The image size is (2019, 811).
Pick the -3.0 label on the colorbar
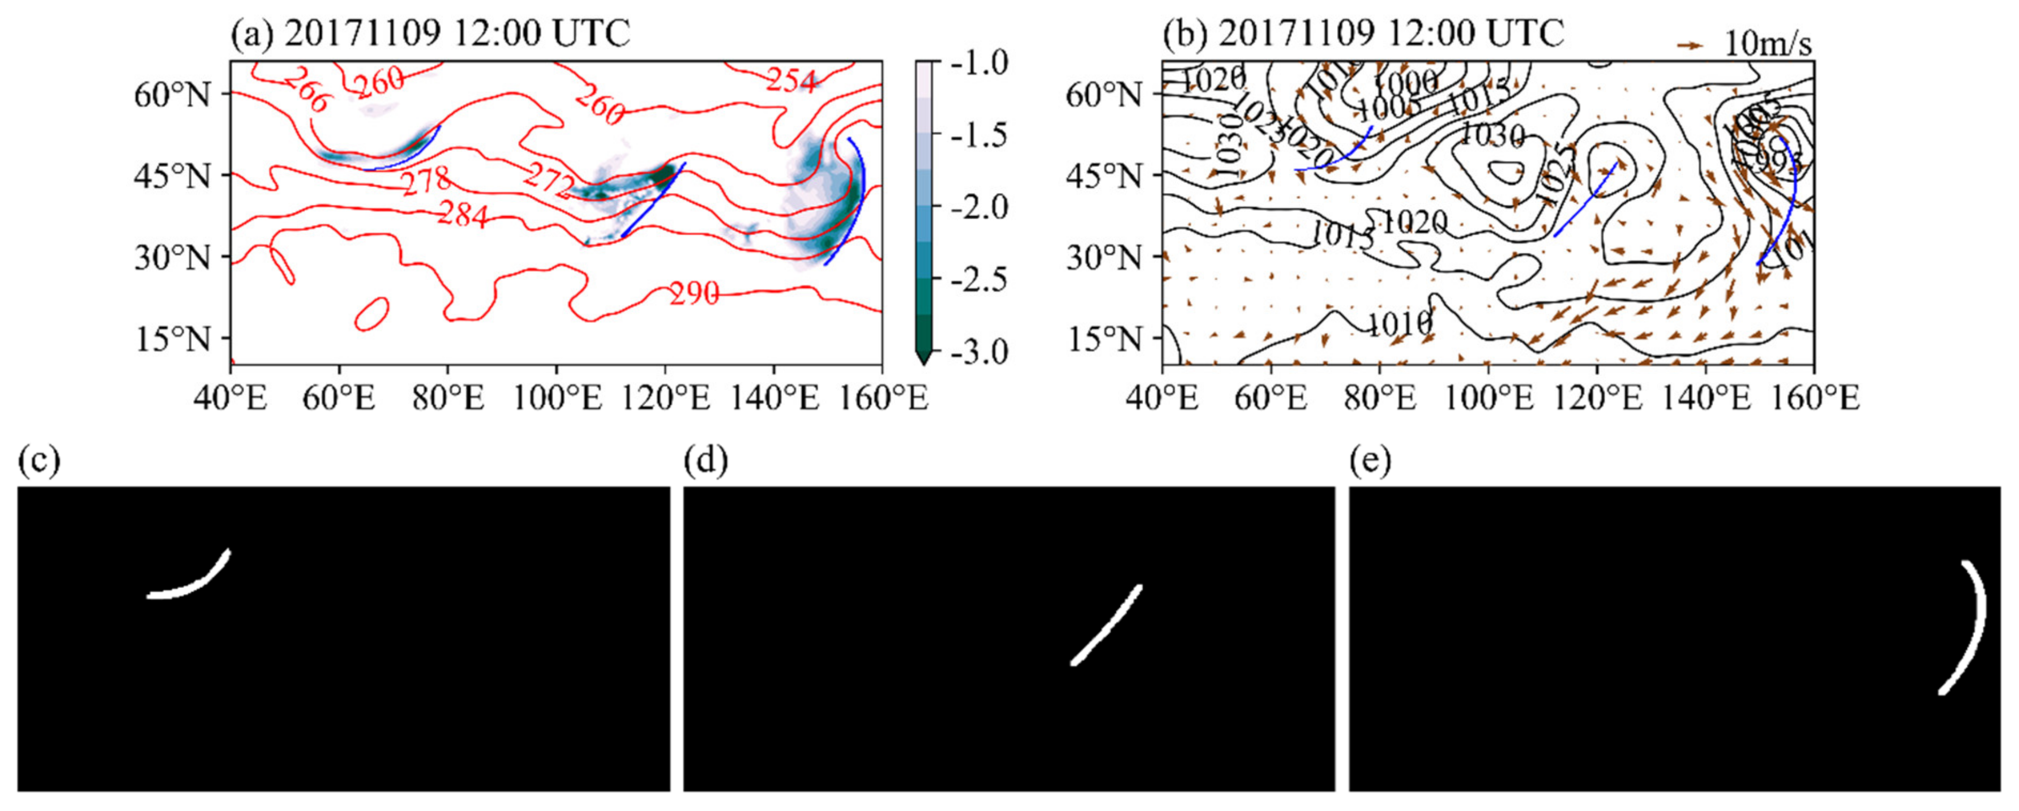[x=980, y=352]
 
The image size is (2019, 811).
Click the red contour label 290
[x=694, y=294]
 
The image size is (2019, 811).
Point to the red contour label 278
[x=427, y=182]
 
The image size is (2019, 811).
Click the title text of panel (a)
[x=430, y=33]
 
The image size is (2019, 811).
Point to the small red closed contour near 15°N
[x=372, y=313]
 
